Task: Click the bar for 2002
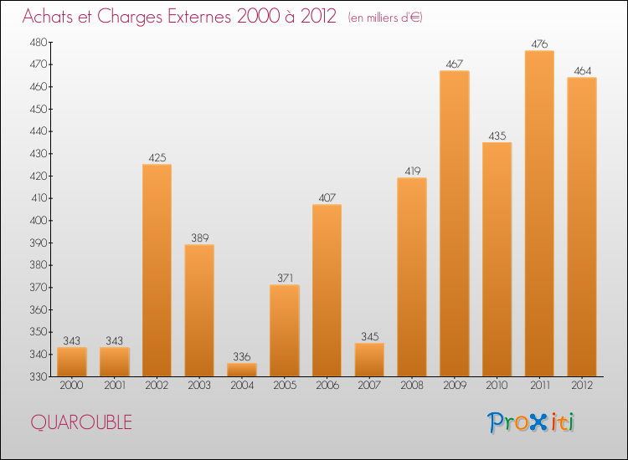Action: [x=157, y=270]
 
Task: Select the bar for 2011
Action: [x=539, y=213]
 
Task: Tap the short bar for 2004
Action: [x=242, y=369]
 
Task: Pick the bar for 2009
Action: [x=454, y=223]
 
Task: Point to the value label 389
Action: [x=199, y=238]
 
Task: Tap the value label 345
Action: [x=369, y=336]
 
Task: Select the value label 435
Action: [x=497, y=136]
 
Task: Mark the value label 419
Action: [x=412, y=171]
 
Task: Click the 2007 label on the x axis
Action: [x=369, y=386]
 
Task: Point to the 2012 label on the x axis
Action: [x=582, y=386]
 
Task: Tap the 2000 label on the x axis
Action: [x=71, y=386]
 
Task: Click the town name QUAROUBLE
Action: [x=81, y=422]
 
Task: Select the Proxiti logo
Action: [x=531, y=422]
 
